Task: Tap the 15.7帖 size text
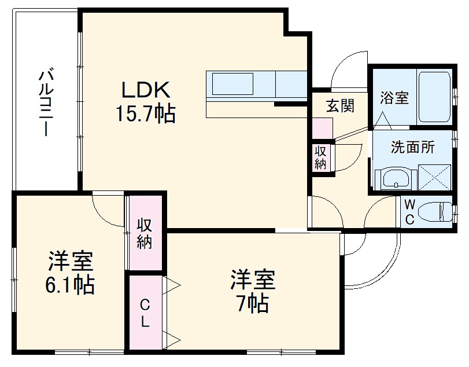click(x=145, y=113)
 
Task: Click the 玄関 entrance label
click(x=339, y=106)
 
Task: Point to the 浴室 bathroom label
click(x=394, y=98)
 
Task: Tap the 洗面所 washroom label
click(x=412, y=147)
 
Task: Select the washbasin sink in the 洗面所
click(x=396, y=179)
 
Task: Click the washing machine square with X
click(x=434, y=178)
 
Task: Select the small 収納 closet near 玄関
click(x=320, y=157)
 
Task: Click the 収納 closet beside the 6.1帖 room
click(x=145, y=233)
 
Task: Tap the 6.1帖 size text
click(x=71, y=285)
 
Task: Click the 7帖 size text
click(x=252, y=302)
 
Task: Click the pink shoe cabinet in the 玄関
click(x=323, y=127)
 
